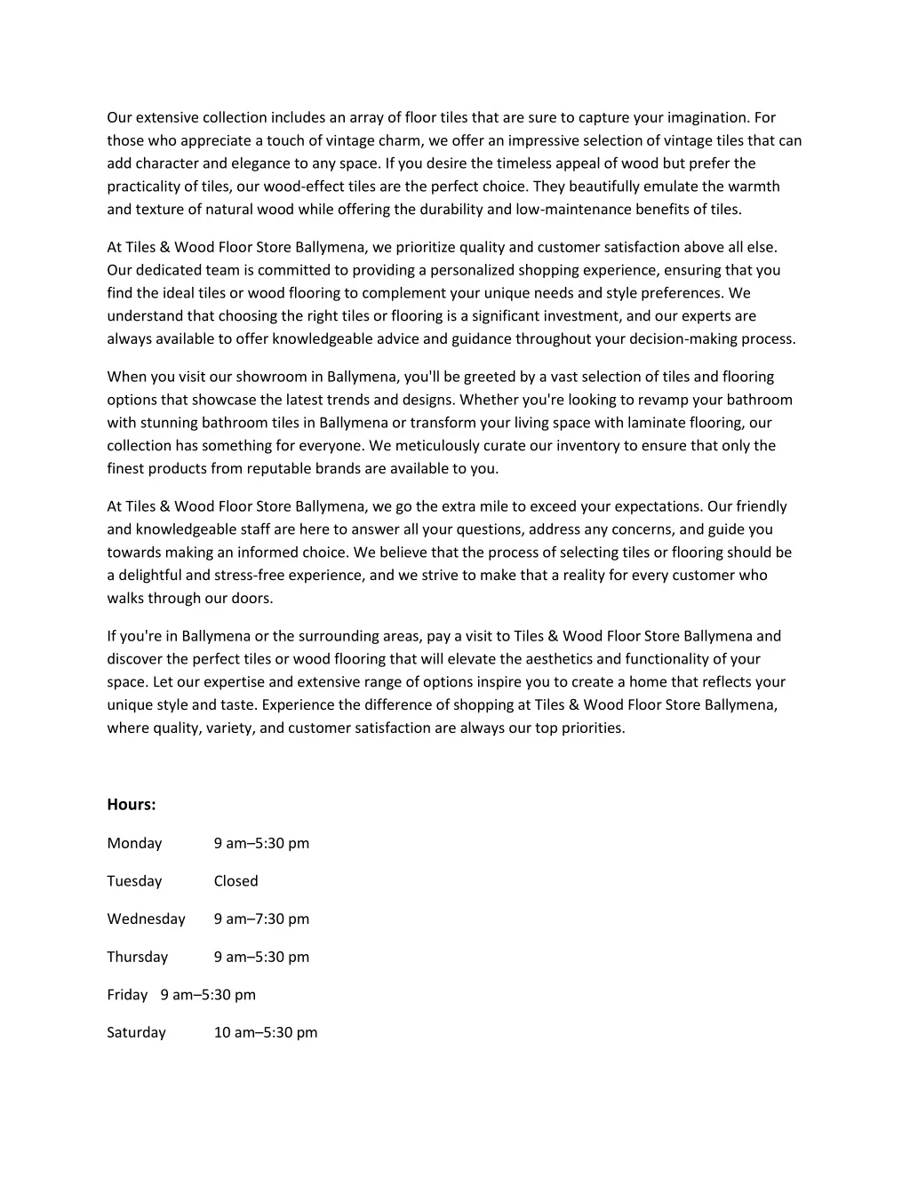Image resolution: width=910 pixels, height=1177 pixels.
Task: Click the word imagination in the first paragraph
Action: pyautogui.click(x=707, y=117)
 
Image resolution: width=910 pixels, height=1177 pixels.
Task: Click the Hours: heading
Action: pyautogui.click(x=132, y=805)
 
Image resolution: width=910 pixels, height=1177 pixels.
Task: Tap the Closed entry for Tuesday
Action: pyautogui.click(x=235, y=881)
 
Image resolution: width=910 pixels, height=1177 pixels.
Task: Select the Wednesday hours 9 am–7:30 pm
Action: pyautogui.click(x=261, y=919)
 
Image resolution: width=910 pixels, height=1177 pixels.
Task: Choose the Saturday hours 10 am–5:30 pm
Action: pyautogui.click(x=265, y=1033)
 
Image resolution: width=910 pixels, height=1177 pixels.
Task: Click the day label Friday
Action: pyautogui.click(x=127, y=995)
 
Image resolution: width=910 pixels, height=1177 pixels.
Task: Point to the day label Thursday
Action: pyautogui.click(x=137, y=958)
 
